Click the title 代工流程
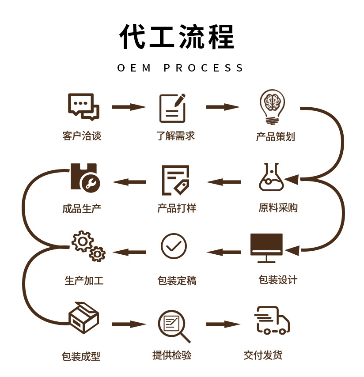(x=177, y=36)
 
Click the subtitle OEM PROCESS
(x=181, y=68)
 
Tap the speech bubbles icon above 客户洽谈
(x=83, y=106)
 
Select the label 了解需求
(x=175, y=136)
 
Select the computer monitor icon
(x=266, y=248)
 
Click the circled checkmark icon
(x=174, y=246)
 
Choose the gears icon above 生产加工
(x=88, y=246)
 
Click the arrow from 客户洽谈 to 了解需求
(x=129, y=107)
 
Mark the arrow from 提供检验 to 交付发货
(x=223, y=324)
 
